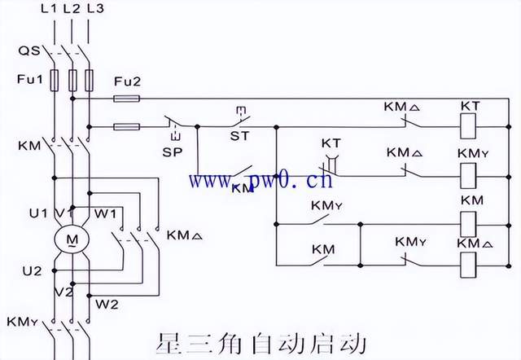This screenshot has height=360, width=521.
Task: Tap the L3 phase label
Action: point(94,9)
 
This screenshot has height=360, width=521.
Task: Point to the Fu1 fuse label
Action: point(27,81)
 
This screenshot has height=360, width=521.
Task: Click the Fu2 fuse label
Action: point(128,81)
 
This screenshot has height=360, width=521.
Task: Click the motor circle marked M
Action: point(72,239)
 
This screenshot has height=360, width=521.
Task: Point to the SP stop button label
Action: point(172,151)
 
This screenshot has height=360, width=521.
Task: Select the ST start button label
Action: point(239,135)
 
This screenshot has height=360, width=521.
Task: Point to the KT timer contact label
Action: point(330,143)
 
